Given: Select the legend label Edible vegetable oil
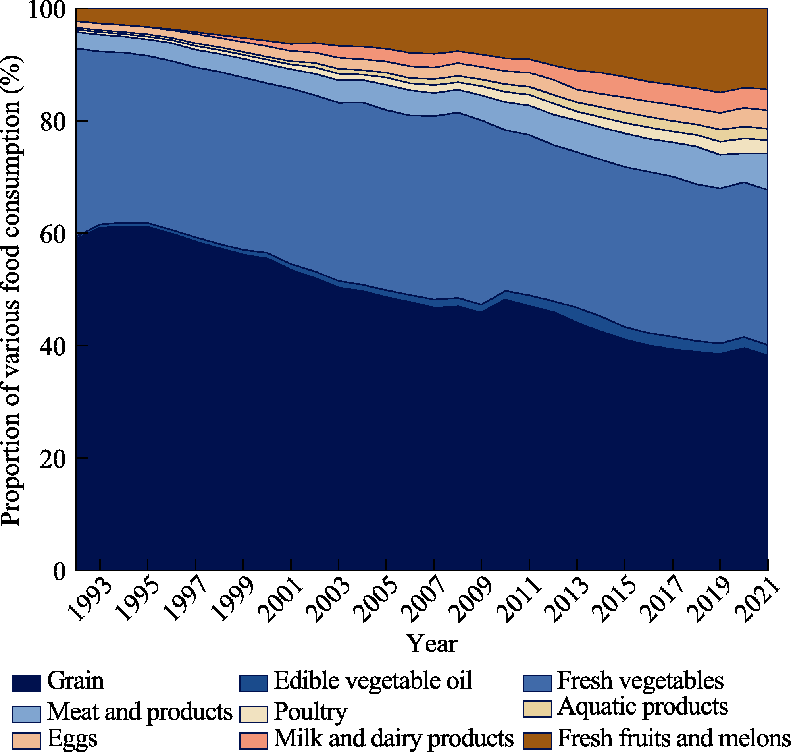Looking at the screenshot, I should pos(373,681).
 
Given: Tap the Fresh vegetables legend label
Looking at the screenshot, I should pos(640,681).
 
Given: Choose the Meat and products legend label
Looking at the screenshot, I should pos(140,712).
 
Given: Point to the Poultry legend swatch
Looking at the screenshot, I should pos(254,714).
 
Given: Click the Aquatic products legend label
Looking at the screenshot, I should pos(643,706).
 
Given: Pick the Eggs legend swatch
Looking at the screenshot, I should pos(27,741).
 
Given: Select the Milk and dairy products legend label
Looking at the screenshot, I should pos(393,738).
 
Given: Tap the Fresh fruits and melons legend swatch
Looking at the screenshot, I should pos(537,741).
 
